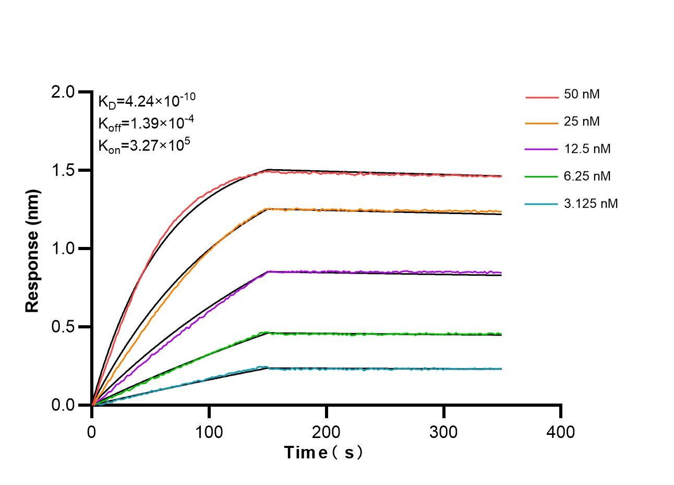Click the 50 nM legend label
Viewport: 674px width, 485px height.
582,94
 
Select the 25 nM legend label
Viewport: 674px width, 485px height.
582,122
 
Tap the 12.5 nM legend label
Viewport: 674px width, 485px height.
587,149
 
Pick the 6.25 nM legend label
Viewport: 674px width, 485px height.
587,176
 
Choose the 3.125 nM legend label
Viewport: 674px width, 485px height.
591,203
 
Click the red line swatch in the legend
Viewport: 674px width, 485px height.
541,97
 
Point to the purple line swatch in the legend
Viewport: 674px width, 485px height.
541,150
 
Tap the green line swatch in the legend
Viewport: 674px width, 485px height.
541,177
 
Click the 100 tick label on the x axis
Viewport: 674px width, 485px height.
209,432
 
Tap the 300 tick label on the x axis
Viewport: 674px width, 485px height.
444,432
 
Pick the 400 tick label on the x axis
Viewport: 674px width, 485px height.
561,432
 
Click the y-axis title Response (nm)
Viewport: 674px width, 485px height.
32,251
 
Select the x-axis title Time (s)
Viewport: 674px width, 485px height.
323,452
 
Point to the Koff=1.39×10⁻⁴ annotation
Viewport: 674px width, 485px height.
146,123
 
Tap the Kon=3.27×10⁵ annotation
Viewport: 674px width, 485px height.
144,146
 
